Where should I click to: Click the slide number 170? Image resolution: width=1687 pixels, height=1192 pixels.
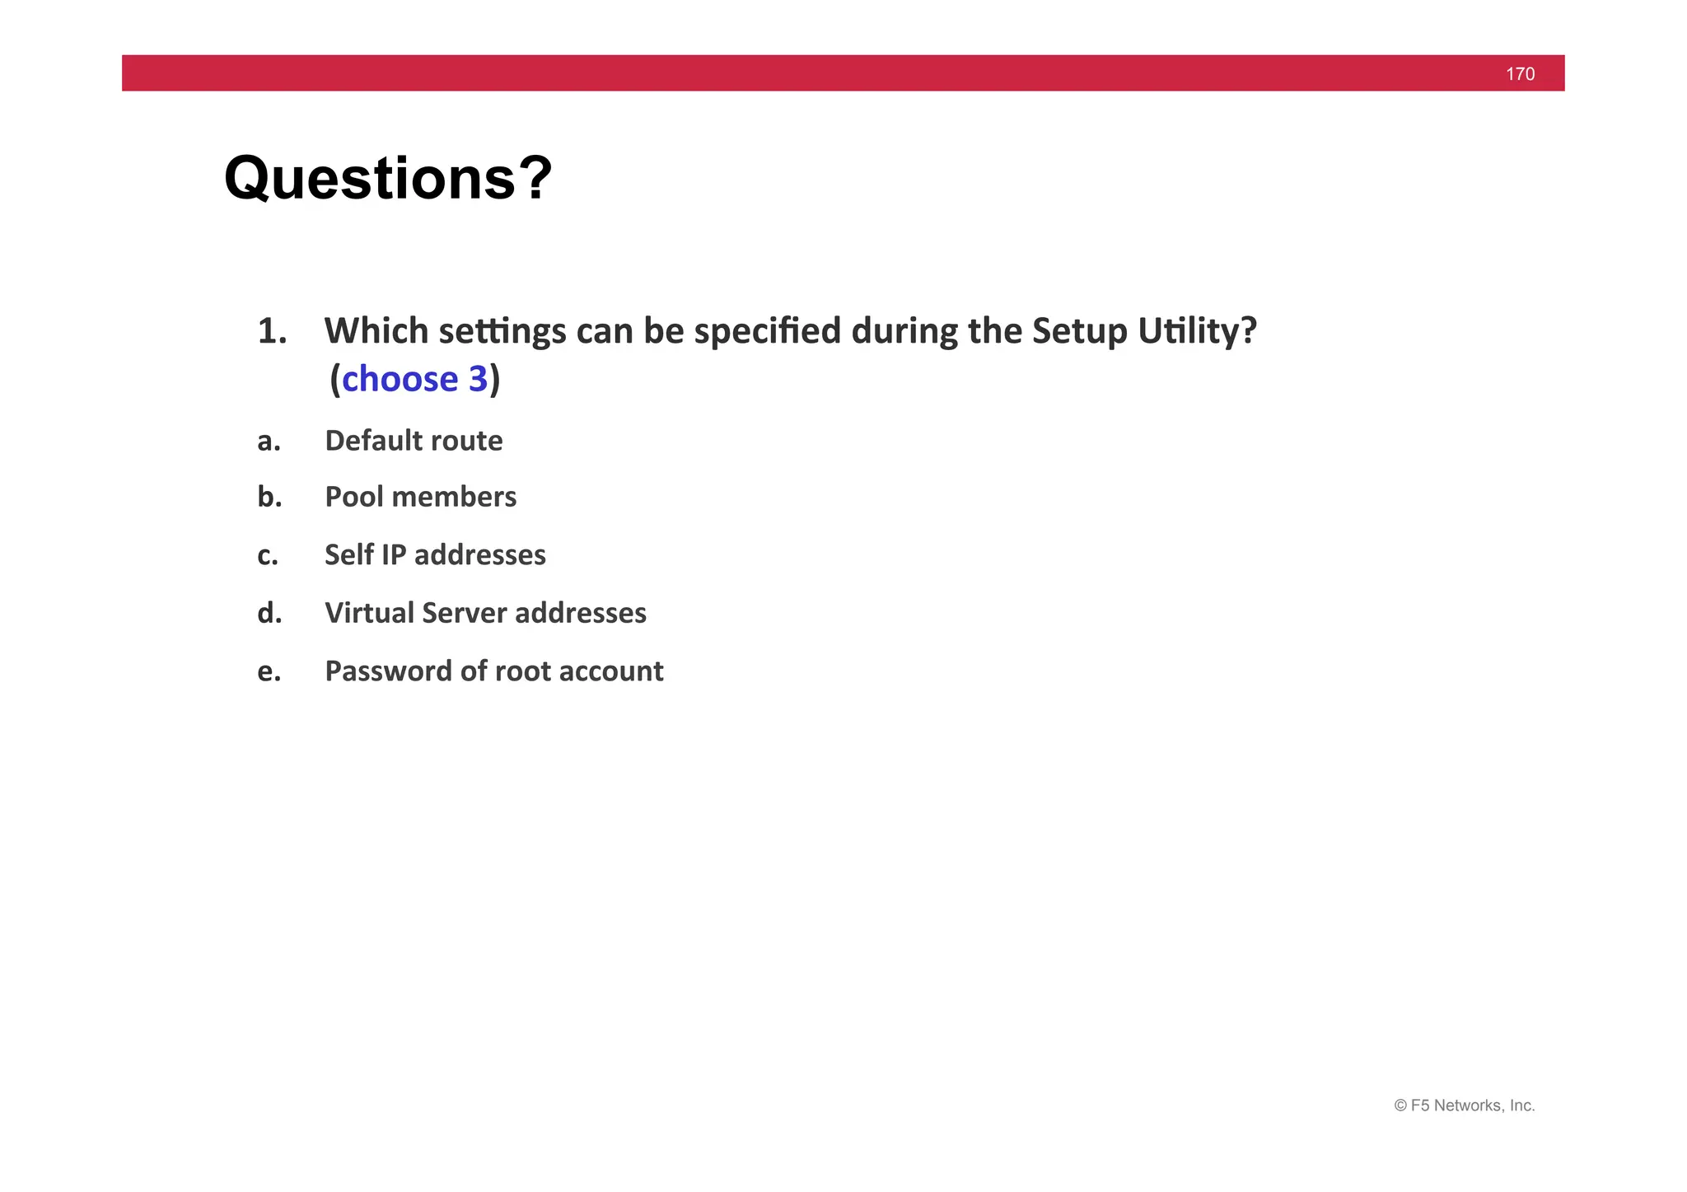click(x=1520, y=74)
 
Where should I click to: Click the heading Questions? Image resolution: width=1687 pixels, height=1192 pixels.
click(x=388, y=178)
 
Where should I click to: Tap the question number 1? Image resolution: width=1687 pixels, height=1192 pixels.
click(x=272, y=331)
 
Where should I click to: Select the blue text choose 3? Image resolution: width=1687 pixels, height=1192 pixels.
click(x=414, y=379)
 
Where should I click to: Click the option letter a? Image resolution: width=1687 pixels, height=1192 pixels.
click(x=269, y=442)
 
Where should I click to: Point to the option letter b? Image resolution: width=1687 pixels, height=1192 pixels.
click(x=269, y=497)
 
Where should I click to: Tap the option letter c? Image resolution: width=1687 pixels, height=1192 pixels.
click(x=268, y=555)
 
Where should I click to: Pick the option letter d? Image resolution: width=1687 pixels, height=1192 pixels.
click(x=269, y=613)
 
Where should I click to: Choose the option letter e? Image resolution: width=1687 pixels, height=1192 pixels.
click(x=269, y=671)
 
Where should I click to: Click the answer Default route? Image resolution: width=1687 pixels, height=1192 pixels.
click(x=414, y=441)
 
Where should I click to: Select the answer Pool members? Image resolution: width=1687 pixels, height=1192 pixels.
click(x=420, y=497)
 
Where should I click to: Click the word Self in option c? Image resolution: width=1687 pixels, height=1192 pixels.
click(x=348, y=554)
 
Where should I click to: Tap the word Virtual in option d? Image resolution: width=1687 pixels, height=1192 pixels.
click(x=369, y=613)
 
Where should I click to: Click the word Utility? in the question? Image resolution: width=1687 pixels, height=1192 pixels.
click(x=1197, y=331)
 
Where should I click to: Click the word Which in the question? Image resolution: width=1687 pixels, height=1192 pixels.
click(x=376, y=331)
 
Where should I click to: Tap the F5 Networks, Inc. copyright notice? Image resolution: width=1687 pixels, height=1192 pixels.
click(x=1464, y=1106)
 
